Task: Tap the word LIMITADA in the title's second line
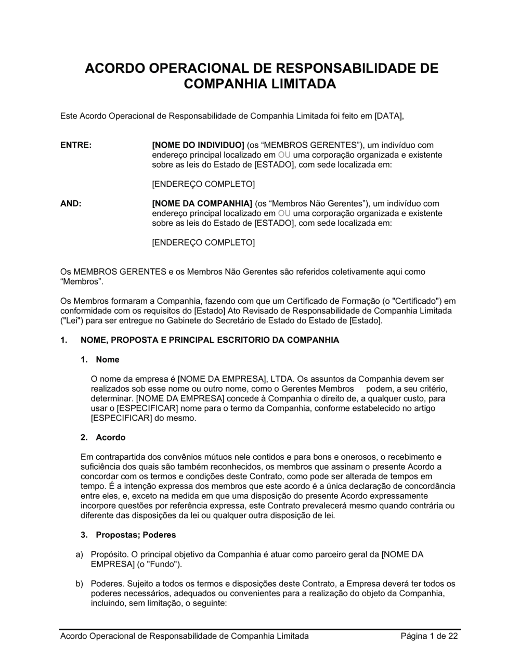click(x=305, y=84)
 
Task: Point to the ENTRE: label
click(x=76, y=145)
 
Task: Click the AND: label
click(x=71, y=203)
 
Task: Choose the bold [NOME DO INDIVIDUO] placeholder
click(x=198, y=145)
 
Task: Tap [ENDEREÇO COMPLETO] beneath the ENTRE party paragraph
click(x=203, y=184)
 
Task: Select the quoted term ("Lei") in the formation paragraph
click(x=71, y=320)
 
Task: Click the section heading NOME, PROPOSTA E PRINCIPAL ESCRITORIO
click(x=210, y=340)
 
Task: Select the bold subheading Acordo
click(x=110, y=437)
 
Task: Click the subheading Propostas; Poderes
click(x=136, y=535)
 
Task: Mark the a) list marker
click(x=80, y=554)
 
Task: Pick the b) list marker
click(x=80, y=584)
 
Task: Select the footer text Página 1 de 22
click(x=429, y=636)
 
